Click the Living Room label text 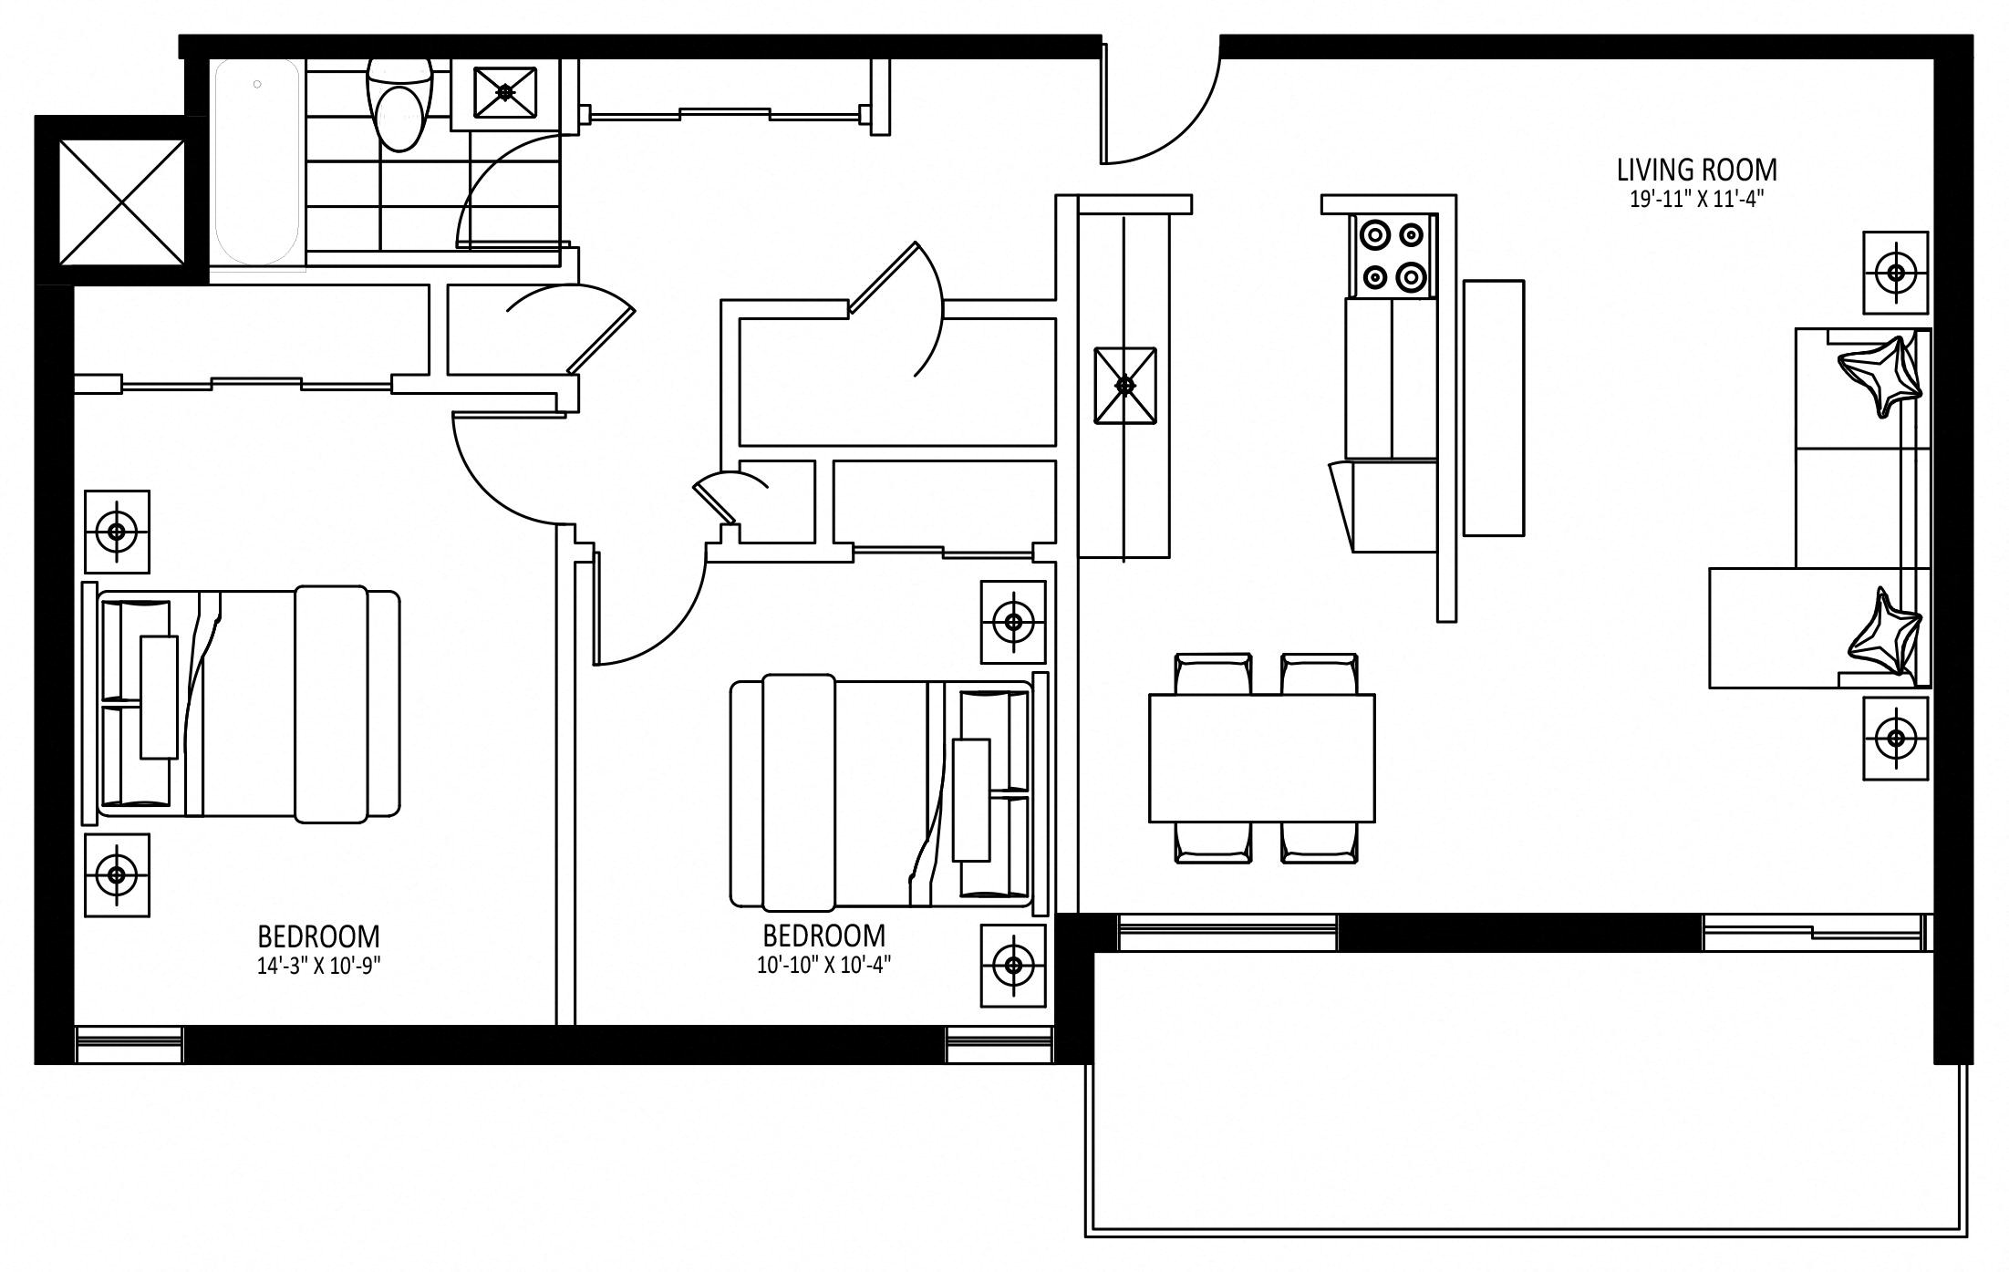click(x=1696, y=170)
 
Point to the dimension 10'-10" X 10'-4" click(x=823, y=964)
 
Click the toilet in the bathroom click(x=399, y=105)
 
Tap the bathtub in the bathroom click(x=257, y=162)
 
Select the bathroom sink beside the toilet click(x=505, y=92)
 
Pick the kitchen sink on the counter click(x=1125, y=386)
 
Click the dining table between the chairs click(x=1262, y=758)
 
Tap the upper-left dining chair click(x=1213, y=674)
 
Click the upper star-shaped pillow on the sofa click(x=1880, y=375)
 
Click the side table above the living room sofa click(x=1896, y=273)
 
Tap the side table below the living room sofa click(x=1896, y=739)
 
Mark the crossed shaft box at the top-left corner click(x=121, y=202)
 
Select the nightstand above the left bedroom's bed click(x=117, y=532)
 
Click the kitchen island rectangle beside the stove click(x=1494, y=408)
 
